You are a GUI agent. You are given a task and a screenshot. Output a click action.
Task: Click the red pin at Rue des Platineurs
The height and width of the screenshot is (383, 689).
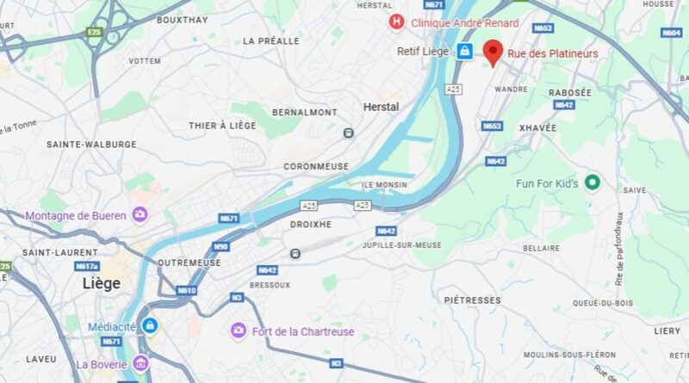(x=493, y=51)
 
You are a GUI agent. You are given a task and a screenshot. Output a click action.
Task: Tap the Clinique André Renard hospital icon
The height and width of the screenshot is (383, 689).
(x=396, y=22)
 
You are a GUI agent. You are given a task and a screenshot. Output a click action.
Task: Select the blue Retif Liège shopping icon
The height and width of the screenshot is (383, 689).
(x=464, y=52)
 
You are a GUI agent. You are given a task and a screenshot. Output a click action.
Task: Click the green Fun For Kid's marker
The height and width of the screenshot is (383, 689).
(x=592, y=182)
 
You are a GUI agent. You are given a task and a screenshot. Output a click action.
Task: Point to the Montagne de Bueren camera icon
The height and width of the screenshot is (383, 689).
(x=140, y=215)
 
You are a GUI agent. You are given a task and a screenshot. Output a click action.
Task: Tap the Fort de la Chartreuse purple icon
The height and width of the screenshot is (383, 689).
(x=238, y=330)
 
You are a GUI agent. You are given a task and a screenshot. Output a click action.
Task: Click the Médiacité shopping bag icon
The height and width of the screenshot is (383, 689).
(x=150, y=326)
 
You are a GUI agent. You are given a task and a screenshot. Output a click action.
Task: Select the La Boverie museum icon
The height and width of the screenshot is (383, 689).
(x=140, y=364)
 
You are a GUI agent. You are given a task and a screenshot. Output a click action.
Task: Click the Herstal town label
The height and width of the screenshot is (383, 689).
(x=381, y=107)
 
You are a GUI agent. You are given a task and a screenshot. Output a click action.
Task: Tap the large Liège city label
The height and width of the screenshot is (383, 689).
(x=101, y=283)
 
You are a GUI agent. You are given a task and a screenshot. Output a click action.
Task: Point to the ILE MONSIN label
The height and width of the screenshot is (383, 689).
(x=385, y=185)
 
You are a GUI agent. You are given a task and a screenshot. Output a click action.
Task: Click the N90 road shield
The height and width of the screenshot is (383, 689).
(x=220, y=247)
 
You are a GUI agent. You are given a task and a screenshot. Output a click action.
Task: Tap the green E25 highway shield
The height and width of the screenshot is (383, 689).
(x=94, y=33)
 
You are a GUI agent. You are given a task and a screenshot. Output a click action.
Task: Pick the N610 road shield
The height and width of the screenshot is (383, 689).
(x=187, y=290)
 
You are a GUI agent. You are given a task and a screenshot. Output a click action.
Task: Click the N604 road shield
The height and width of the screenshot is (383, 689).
(x=672, y=33)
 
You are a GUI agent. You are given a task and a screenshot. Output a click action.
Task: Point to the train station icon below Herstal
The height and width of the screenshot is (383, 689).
(x=349, y=133)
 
